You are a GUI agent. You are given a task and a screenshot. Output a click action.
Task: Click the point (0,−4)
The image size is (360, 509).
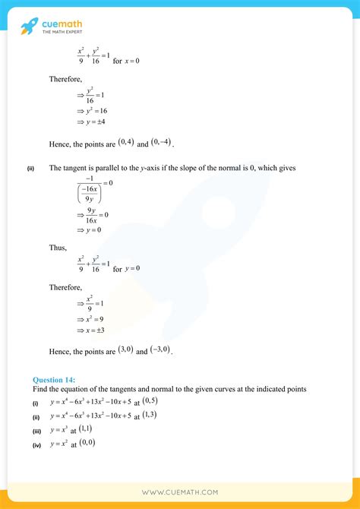(161, 142)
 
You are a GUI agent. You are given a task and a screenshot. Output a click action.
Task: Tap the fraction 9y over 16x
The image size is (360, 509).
(94, 217)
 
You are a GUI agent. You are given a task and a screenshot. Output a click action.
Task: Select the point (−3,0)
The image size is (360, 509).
(160, 350)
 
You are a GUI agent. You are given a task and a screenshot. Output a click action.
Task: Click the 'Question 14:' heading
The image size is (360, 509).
(54, 379)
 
